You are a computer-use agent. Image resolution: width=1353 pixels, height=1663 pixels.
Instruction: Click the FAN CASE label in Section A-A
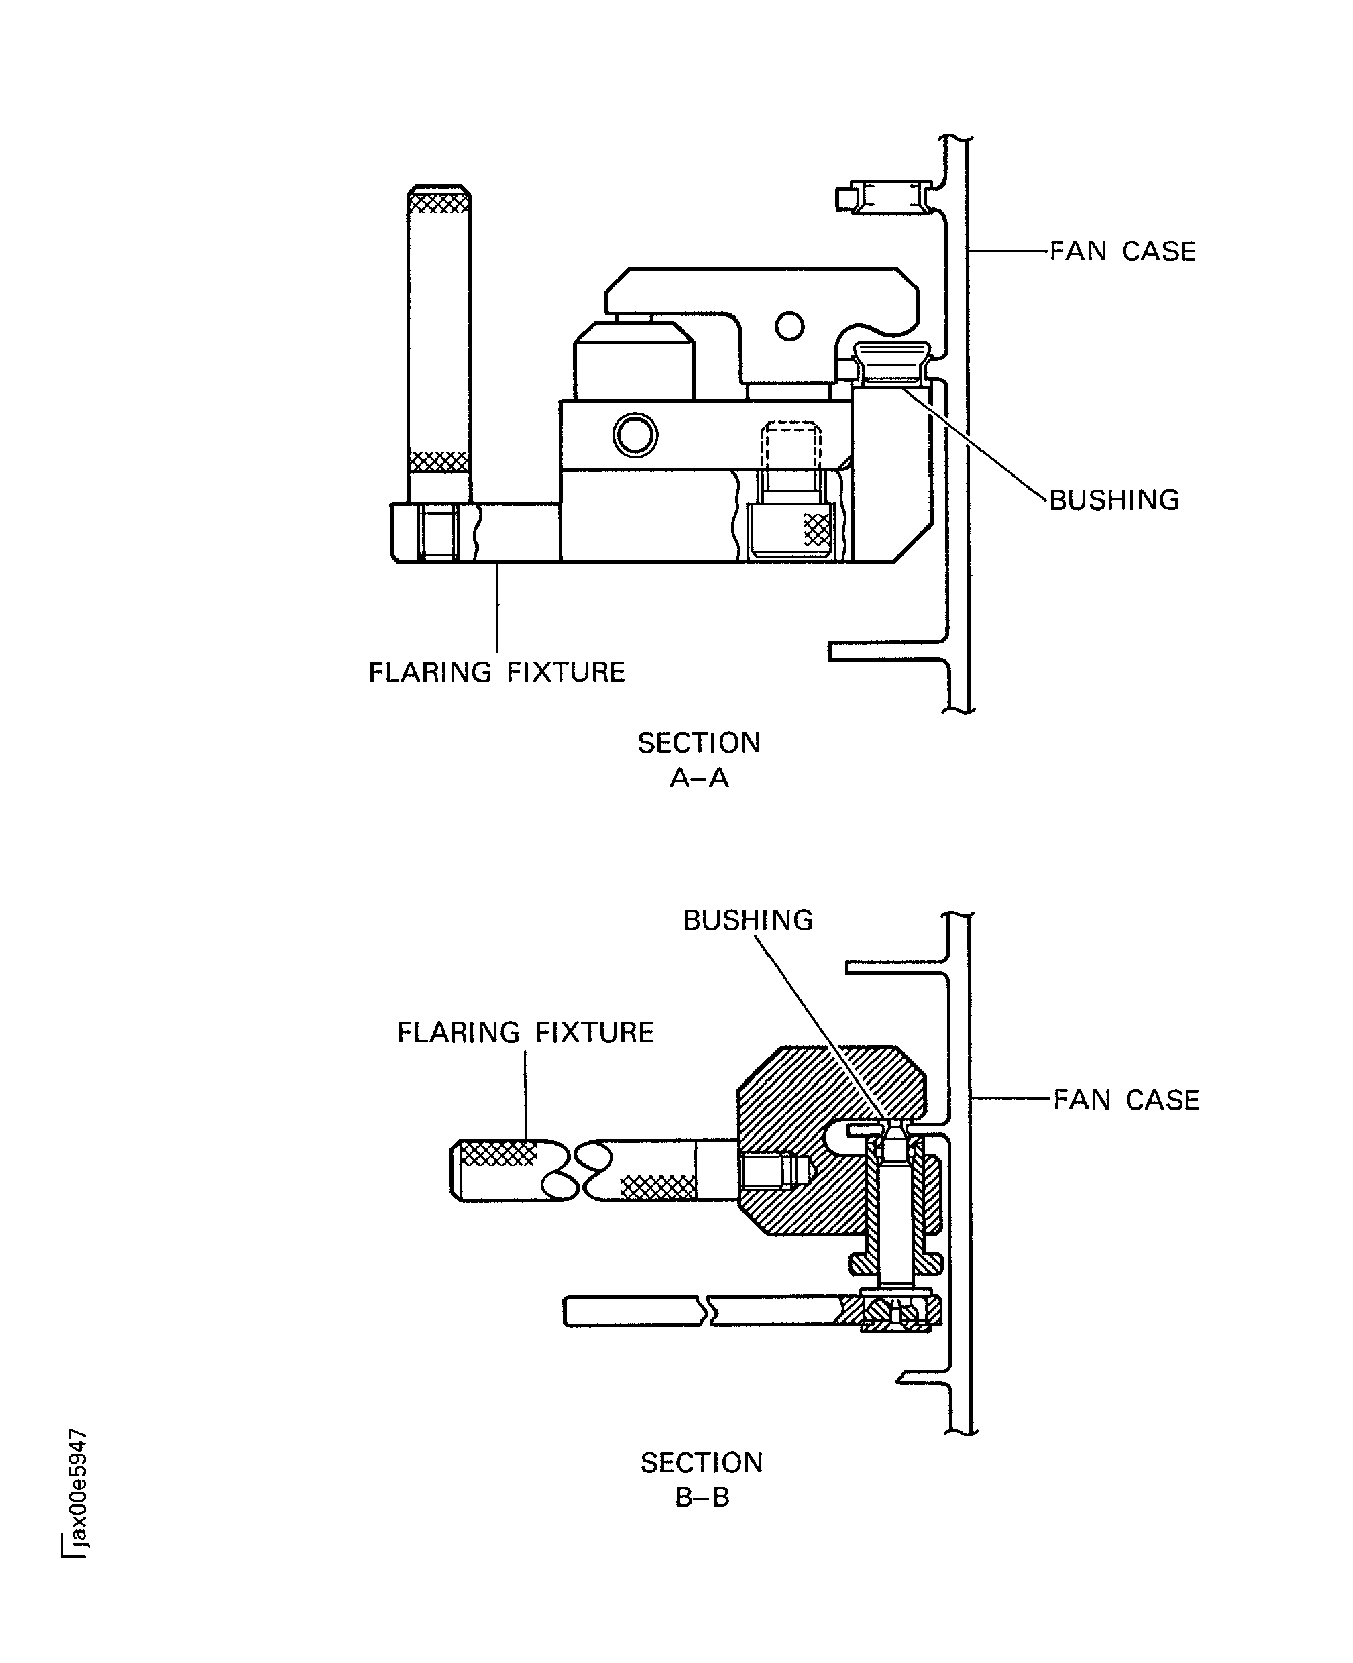[1122, 251]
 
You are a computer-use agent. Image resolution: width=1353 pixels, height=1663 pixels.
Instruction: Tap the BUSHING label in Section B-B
[748, 919]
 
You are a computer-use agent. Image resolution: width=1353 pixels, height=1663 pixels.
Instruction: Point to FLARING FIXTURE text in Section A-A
[496, 672]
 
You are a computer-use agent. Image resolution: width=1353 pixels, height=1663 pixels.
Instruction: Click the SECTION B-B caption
[701, 1479]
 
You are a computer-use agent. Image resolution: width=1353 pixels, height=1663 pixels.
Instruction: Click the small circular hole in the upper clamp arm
[789, 326]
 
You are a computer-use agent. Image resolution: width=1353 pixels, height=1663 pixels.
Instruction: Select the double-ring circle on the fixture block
[635, 435]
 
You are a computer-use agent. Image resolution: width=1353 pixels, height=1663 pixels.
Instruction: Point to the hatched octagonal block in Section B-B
[795, 1106]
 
